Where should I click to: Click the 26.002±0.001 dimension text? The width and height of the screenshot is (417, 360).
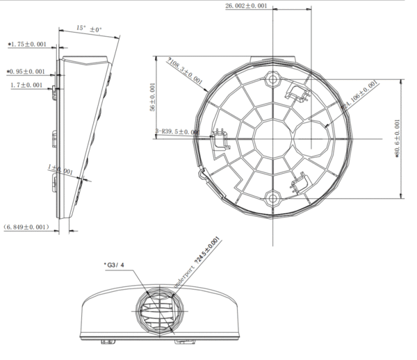246,6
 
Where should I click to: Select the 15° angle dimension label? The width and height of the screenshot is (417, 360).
89,29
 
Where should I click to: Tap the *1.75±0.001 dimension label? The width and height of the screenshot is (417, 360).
27,44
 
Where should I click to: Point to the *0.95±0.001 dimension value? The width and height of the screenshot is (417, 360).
26,72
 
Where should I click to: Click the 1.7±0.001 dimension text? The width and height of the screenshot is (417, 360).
28,85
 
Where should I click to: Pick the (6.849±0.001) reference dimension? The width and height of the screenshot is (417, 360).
26,227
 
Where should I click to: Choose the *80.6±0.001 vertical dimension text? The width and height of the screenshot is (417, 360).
398,139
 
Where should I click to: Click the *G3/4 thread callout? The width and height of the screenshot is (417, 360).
114,265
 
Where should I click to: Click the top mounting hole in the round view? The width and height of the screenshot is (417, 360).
272,79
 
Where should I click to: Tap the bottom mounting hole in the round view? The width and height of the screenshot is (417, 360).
272,197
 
